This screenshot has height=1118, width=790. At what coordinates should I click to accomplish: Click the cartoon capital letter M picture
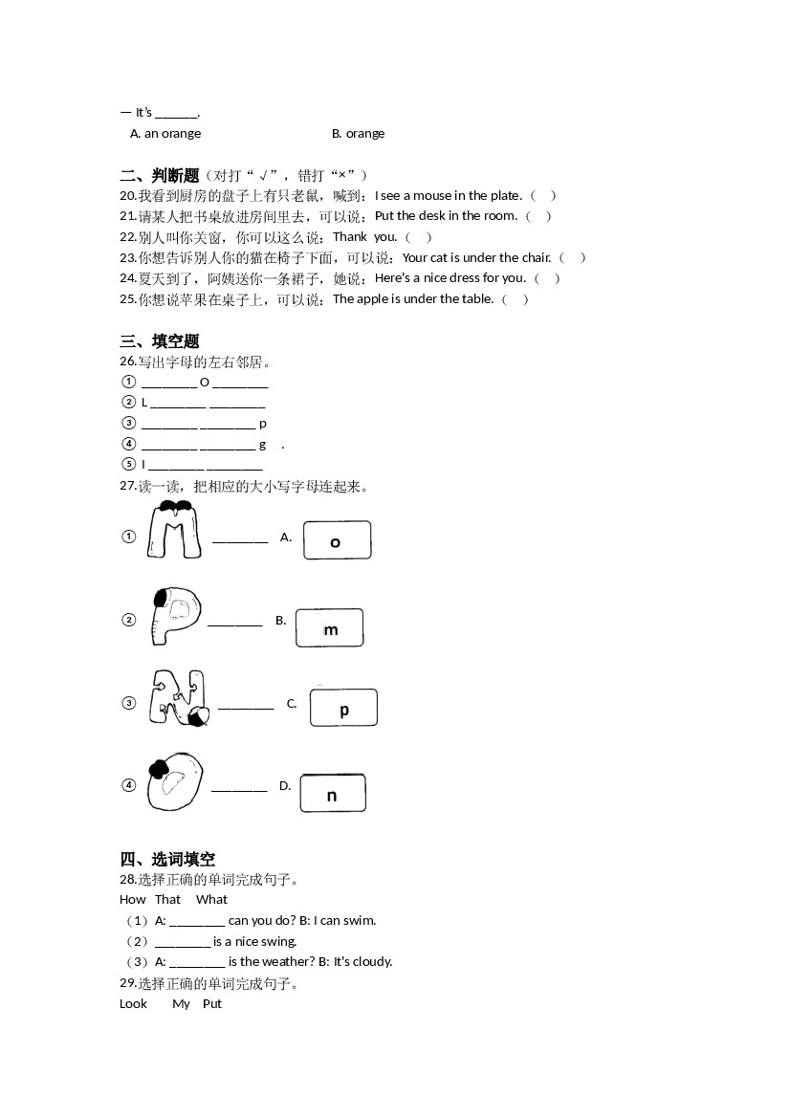point(174,531)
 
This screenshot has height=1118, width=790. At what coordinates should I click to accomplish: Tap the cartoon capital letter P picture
point(176,615)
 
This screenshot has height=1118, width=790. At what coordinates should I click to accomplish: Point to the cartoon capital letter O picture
point(175,781)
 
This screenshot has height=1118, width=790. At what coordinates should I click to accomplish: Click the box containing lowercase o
point(337,540)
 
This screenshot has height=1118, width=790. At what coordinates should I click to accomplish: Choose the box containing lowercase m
point(330,628)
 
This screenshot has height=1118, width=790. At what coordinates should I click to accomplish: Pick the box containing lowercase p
point(343,708)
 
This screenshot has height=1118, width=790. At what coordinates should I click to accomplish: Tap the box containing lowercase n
point(333,794)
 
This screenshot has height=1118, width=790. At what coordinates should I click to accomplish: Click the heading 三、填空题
point(160,340)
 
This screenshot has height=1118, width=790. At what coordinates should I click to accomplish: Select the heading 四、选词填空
point(167,859)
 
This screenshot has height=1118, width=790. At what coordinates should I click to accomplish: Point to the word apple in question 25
point(372,299)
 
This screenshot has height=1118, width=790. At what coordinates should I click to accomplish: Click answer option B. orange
point(358,134)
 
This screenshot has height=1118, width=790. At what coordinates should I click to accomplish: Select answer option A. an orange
point(165,134)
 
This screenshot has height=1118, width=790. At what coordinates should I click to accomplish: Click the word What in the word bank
point(211,900)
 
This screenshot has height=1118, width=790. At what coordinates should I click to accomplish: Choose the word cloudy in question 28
point(372,962)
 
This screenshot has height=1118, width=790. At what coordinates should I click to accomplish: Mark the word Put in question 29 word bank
point(212,1004)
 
